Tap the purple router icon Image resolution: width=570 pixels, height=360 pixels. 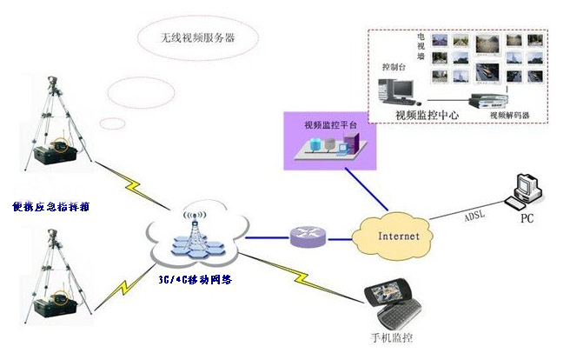point(309,236)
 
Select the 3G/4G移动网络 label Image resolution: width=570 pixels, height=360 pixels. point(197,281)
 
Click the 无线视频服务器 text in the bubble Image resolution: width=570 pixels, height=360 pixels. point(197,37)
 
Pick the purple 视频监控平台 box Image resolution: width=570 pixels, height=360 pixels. point(330,139)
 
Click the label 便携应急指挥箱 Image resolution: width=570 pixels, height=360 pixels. point(51,207)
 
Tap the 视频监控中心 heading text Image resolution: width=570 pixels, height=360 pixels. point(427,115)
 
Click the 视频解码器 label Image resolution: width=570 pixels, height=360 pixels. point(510,115)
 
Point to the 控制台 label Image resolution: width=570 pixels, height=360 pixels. point(394,66)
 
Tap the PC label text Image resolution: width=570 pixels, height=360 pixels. point(526,218)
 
